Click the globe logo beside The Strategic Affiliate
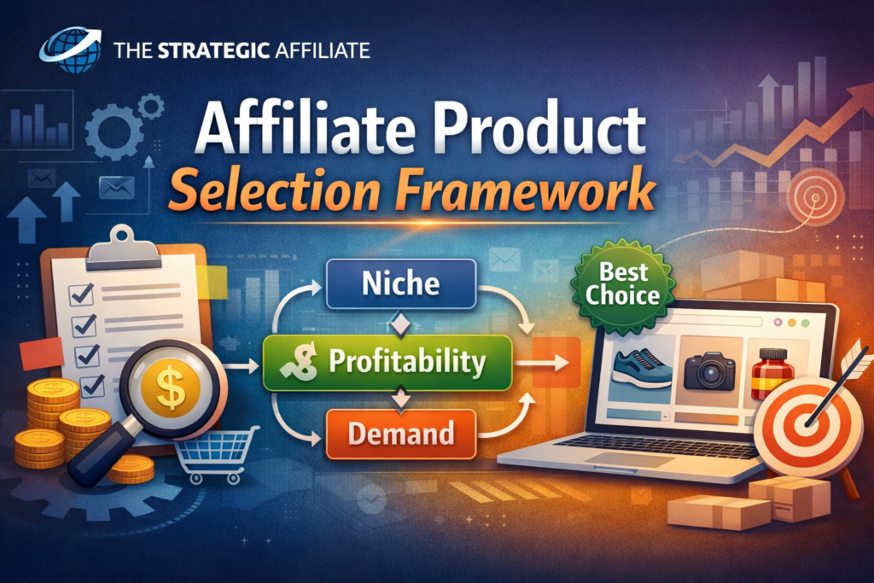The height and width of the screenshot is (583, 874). [x=71, y=50]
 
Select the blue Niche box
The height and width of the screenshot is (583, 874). [x=401, y=283]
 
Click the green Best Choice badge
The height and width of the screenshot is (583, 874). [x=622, y=284]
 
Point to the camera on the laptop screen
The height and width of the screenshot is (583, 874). [x=709, y=370]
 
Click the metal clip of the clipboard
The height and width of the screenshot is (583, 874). [x=123, y=248]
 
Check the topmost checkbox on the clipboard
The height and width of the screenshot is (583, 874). [x=81, y=294]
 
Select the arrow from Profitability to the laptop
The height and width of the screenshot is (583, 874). [x=541, y=364]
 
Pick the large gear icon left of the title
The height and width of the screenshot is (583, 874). [x=114, y=132]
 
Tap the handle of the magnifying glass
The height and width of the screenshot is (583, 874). [x=102, y=452]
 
